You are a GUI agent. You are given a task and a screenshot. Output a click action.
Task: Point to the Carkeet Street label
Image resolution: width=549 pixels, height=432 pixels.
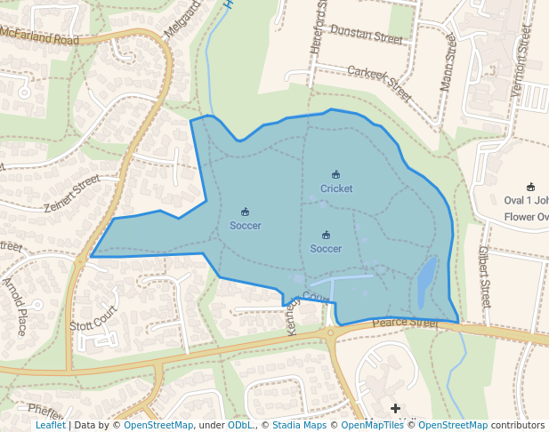tap(379, 82)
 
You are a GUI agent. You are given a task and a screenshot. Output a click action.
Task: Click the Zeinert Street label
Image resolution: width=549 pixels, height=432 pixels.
tap(71, 193)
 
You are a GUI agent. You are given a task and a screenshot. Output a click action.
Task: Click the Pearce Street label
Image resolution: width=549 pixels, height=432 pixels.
tap(406, 324)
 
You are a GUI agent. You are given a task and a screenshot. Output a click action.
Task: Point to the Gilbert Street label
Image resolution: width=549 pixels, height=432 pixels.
tap(486, 276)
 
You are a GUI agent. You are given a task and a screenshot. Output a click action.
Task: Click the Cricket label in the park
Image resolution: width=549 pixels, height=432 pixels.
tap(336, 188)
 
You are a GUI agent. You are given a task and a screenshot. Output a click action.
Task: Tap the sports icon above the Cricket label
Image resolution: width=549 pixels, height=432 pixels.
tap(336, 174)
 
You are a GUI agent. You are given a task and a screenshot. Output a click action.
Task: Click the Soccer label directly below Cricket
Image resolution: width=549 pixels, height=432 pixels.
tap(326, 249)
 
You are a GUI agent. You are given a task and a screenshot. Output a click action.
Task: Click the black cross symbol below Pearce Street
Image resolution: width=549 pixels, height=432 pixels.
tap(396, 407)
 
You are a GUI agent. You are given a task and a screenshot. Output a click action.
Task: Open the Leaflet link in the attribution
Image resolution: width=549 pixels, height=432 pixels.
tap(50, 426)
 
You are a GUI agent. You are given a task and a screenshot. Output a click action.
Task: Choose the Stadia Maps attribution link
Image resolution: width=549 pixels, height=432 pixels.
tap(299, 426)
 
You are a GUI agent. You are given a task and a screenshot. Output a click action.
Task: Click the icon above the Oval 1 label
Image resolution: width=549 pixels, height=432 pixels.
tap(531, 187)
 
